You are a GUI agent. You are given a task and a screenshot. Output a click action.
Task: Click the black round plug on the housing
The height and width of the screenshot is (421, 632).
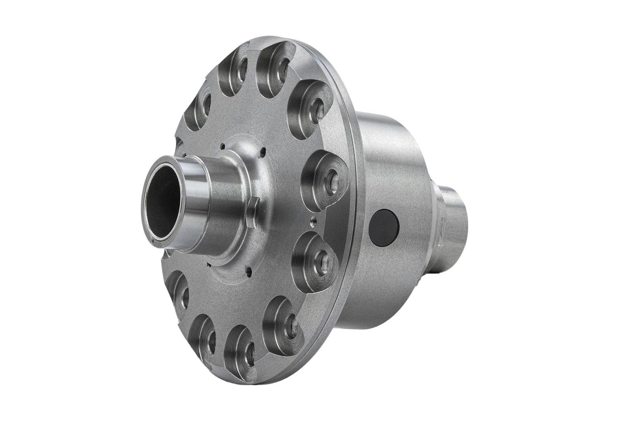pos(384,227)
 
